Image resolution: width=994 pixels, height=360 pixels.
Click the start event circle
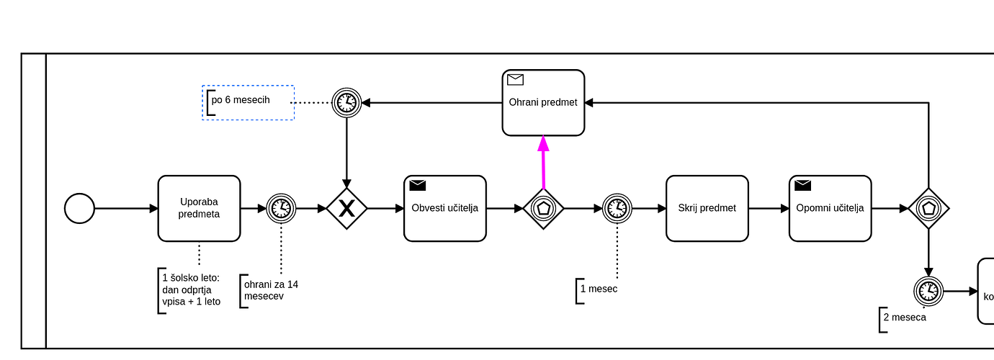pyautogui.click(x=79, y=209)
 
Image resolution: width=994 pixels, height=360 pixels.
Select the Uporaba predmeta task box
pyautogui.click(x=199, y=209)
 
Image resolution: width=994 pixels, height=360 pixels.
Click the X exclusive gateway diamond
pyautogui.click(x=346, y=209)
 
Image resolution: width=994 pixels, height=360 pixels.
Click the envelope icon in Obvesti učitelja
pyautogui.click(x=418, y=186)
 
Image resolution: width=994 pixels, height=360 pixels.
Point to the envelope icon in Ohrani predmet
pyautogui.click(x=515, y=80)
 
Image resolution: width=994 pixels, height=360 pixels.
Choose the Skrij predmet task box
pyautogui.click(x=707, y=209)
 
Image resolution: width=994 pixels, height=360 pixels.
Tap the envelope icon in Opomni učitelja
pyautogui.click(x=802, y=186)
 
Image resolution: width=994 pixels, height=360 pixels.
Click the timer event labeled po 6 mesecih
pyautogui.click(x=346, y=103)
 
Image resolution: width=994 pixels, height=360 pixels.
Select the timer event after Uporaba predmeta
pyautogui.click(x=281, y=209)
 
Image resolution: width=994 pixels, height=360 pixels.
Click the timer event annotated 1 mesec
pyautogui.click(x=617, y=209)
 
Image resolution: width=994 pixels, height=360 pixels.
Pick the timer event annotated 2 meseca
pyautogui.click(x=928, y=292)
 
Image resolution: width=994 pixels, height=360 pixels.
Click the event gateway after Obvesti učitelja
pyautogui.click(x=543, y=209)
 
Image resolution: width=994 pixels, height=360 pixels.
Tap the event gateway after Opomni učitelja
pyautogui.click(x=928, y=209)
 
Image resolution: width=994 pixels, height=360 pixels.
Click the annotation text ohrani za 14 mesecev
pyautogui.click(x=271, y=290)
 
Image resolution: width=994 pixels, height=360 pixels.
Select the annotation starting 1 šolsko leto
pyautogui.click(x=191, y=289)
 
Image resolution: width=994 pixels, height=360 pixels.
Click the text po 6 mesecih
pyautogui.click(x=241, y=100)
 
